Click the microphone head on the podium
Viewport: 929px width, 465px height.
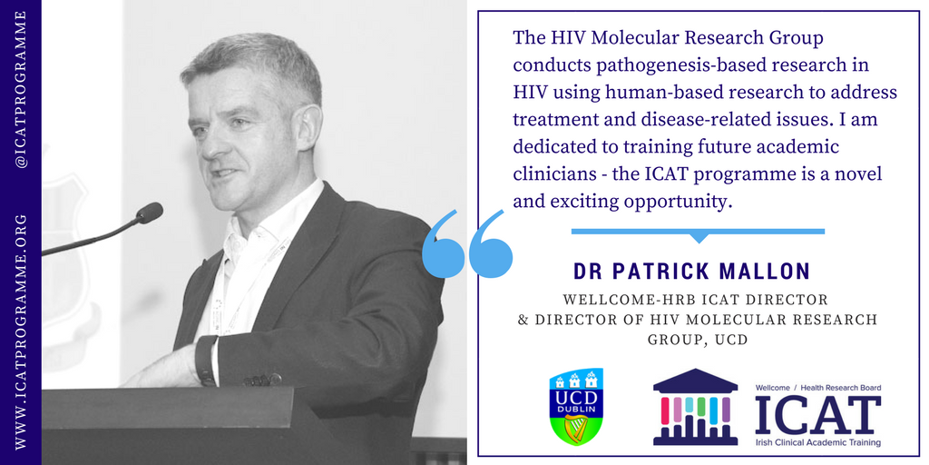[150, 213]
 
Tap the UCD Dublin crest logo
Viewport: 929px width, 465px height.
[576, 406]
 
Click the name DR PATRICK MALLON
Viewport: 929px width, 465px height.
[691, 271]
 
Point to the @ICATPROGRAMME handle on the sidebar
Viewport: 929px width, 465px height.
[22, 88]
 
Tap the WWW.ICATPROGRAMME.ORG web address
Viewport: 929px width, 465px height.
[22, 332]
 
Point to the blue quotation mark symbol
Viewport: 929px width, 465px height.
[467, 243]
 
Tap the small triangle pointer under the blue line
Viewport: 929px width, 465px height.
[699, 238]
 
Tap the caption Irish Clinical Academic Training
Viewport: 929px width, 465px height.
[817, 442]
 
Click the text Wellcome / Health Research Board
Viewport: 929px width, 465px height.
[817, 387]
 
